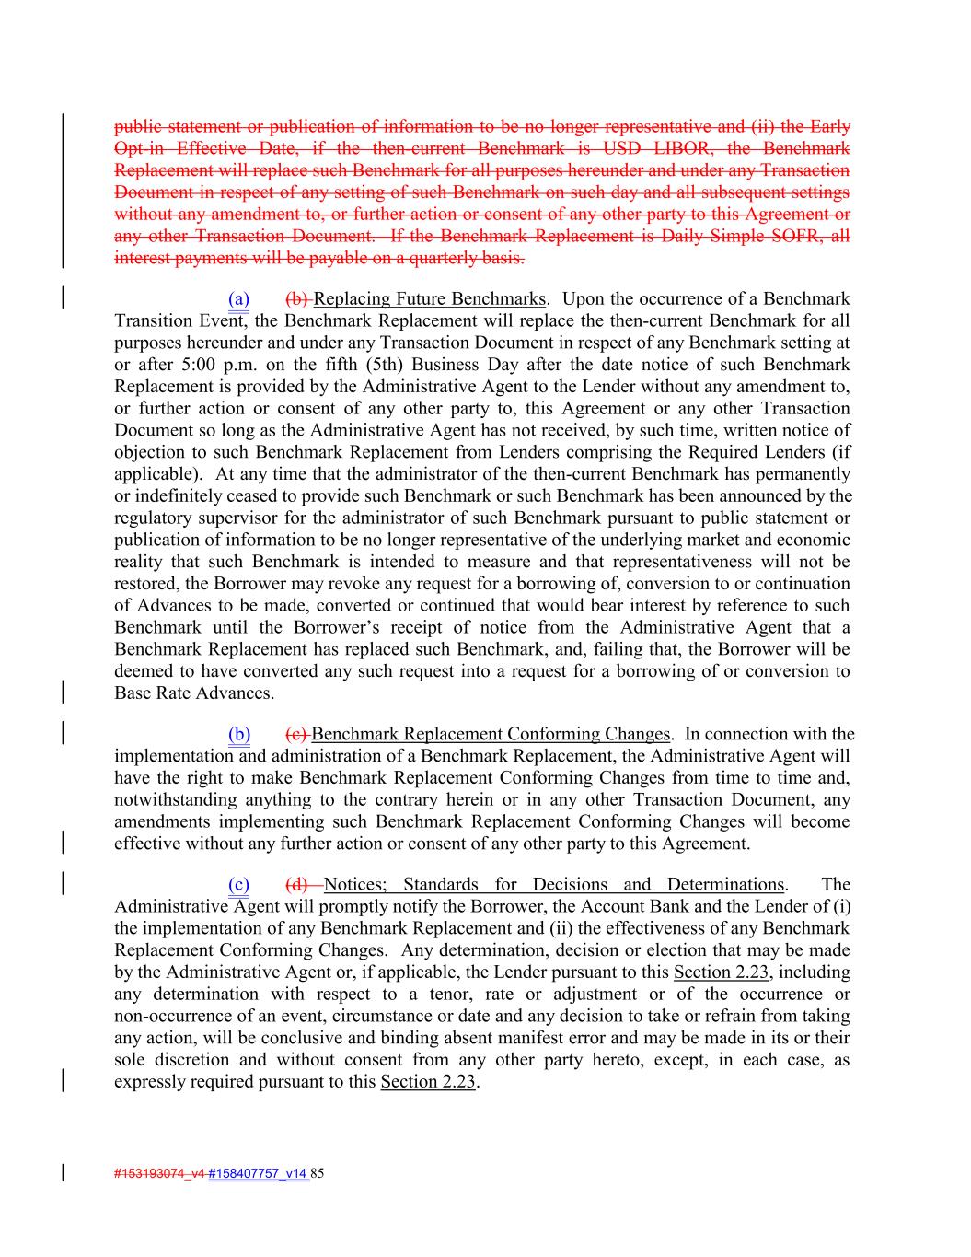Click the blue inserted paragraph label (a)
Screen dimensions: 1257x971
click(238, 299)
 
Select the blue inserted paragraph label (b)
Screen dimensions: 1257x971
click(239, 734)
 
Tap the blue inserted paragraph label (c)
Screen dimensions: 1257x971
click(238, 885)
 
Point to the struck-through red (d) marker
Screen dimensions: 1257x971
click(297, 885)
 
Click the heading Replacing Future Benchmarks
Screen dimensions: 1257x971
click(429, 299)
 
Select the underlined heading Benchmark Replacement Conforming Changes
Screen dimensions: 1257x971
click(491, 734)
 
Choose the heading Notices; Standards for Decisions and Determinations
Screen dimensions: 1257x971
click(554, 885)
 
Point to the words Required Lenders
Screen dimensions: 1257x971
click(750, 452)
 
